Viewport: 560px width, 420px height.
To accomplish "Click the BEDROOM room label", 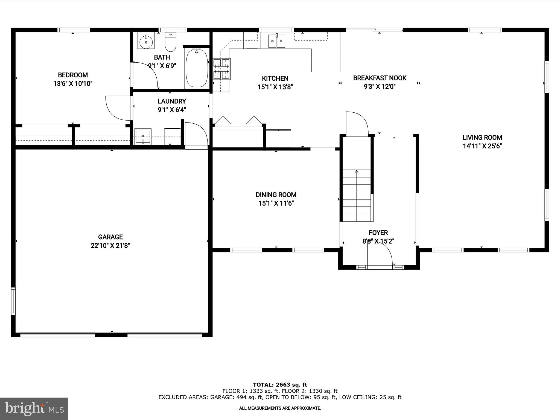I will pyautogui.click(x=73, y=75).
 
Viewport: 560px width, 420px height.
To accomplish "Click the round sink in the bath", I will pyautogui.click(x=146, y=42).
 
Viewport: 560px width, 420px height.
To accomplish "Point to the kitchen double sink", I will pyautogui.click(x=276, y=41).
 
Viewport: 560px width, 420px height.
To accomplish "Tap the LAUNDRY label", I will pyautogui.click(x=172, y=101).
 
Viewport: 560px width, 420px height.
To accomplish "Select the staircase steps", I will pyautogui.click(x=357, y=196).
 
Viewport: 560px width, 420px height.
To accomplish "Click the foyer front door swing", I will pyautogui.click(x=380, y=253).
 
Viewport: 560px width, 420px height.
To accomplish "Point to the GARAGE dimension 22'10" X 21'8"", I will pyautogui.click(x=110, y=246).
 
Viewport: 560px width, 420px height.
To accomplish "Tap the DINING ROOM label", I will pyautogui.click(x=276, y=195).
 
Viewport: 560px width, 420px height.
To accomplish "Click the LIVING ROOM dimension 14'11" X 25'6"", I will pyautogui.click(x=482, y=146).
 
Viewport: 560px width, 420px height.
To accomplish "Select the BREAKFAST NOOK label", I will pyautogui.click(x=380, y=78).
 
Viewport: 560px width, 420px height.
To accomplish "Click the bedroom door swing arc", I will pyautogui.click(x=116, y=108).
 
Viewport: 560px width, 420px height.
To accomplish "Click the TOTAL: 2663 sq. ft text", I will pyautogui.click(x=280, y=385).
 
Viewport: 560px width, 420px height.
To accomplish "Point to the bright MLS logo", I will pyautogui.click(x=34, y=409).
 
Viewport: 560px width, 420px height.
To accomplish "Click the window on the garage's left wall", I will pyautogui.click(x=13, y=301).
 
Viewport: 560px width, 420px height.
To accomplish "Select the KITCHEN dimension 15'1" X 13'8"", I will pyautogui.click(x=275, y=87).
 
